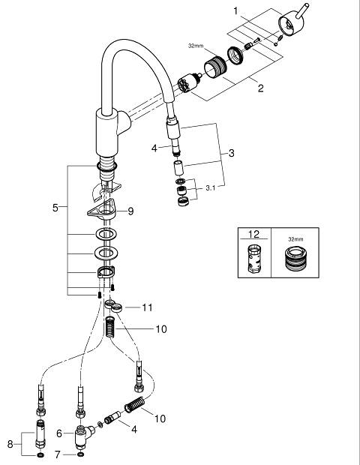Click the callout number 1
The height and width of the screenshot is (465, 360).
pos(235,11)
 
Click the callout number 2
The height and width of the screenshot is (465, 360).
pos(260,88)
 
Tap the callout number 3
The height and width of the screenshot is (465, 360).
pos(231,153)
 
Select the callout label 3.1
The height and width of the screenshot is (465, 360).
pos(211,188)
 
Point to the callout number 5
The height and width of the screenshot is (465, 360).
pos(55,208)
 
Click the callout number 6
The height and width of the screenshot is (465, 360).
pos(59,433)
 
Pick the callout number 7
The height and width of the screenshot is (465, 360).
pos(58,454)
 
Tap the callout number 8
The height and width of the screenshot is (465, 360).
pos(10,444)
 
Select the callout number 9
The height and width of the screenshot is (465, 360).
pos(130,211)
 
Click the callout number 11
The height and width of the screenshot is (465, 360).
pos(148,307)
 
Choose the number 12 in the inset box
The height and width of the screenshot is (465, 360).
pos(253,234)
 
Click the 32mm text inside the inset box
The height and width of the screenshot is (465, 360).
pos(295,239)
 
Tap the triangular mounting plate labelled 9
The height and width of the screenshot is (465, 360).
pos(102,211)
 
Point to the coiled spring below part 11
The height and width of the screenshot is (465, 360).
pos(110,327)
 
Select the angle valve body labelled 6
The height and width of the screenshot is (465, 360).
pos(82,435)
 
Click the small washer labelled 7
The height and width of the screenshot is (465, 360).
pos(80,454)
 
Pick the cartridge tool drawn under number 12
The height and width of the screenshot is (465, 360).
pos(254,259)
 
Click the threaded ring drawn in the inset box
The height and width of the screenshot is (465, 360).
pos(296,259)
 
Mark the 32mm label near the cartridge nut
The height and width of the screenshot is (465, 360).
pos(196,46)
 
